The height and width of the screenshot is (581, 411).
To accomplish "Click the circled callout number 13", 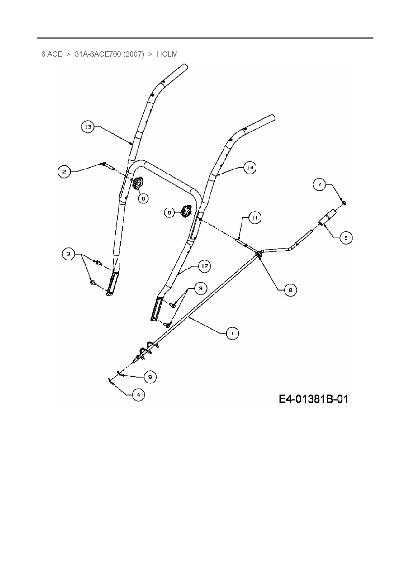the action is [x=88, y=127].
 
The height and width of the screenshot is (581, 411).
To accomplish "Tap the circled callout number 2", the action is [x=64, y=172].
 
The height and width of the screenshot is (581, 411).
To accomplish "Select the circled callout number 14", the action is [x=250, y=168].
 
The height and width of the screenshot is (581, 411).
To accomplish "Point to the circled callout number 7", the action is [x=320, y=185].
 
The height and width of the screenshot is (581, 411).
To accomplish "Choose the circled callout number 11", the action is [x=255, y=218].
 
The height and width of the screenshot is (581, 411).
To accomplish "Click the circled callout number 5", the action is [x=346, y=238].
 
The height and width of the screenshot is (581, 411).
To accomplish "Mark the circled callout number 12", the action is [x=205, y=266].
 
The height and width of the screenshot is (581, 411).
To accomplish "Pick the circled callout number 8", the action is [x=290, y=290].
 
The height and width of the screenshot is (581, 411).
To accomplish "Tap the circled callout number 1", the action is [x=232, y=333].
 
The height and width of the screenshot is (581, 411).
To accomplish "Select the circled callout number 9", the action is [x=150, y=377].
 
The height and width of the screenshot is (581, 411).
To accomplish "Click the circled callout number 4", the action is [x=139, y=395].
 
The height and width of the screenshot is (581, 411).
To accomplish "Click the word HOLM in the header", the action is [x=167, y=54].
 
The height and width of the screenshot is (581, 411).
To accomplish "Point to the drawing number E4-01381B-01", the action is [x=313, y=399].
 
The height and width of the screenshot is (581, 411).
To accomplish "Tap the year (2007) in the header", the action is [x=134, y=54].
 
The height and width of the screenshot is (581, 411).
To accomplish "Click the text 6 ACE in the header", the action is [x=52, y=54].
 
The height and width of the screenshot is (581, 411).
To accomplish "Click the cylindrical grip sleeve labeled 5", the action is [x=326, y=218].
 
